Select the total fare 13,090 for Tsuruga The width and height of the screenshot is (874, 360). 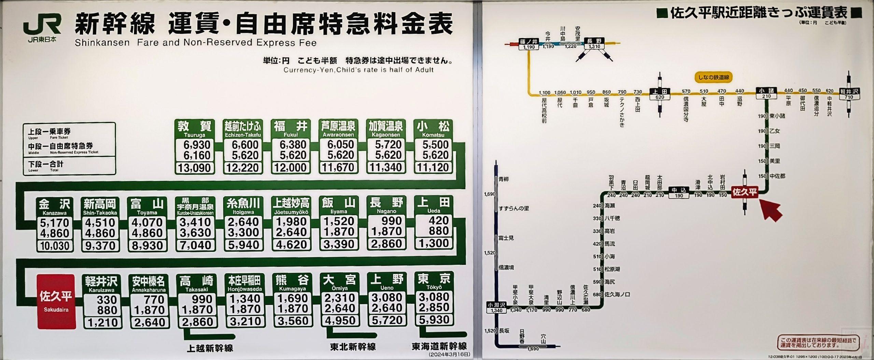click(195, 168)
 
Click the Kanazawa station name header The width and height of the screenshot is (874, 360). click(55, 207)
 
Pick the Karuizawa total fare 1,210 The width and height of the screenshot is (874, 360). click(102, 322)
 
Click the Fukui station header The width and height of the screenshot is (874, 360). click(291, 129)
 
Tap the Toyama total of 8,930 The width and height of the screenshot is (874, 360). click(147, 246)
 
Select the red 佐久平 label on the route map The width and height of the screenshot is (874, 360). click(745, 192)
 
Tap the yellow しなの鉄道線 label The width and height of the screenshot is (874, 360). click(714, 78)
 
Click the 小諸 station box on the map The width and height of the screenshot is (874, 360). click(766, 93)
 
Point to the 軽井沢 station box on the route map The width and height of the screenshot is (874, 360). click(849, 94)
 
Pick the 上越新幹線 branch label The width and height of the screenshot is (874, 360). click(210, 348)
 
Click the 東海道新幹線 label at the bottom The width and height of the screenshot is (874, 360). click(439, 346)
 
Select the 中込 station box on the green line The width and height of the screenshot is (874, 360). click(679, 192)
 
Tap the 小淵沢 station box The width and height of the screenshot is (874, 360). click(497, 307)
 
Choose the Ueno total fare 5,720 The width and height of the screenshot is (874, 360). click(387, 320)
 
